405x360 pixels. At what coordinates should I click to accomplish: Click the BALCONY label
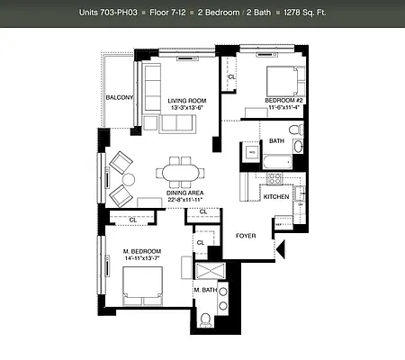coord(119,98)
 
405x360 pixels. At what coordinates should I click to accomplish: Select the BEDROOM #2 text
coord(285,99)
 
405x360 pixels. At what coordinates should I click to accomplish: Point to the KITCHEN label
coord(275,196)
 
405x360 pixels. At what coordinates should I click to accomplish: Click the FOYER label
coord(246,236)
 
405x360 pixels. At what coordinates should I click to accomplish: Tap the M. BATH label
coord(205,290)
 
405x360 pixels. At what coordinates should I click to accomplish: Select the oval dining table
coord(181,171)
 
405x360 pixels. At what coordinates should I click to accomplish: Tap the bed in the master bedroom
coord(138,287)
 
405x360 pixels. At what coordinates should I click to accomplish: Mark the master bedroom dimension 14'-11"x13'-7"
coord(142,259)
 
